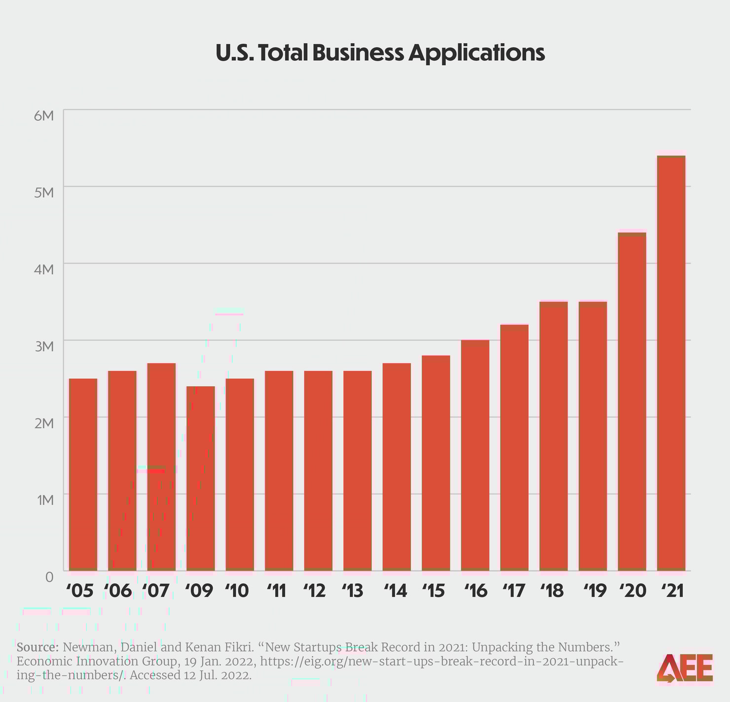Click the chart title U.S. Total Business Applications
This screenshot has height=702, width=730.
(x=380, y=53)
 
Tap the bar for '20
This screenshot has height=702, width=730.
(x=632, y=401)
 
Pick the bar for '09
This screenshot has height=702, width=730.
(x=201, y=478)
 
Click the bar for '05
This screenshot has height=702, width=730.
(x=83, y=474)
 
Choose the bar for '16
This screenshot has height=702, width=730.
(x=475, y=455)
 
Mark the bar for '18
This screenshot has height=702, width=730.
(x=553, y=436)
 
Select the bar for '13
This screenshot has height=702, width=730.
(x=357, y=470)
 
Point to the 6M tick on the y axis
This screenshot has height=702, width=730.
(x=43, y=116)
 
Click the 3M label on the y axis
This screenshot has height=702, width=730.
(x=43, y=346)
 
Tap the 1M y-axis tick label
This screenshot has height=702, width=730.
(x=44, y=500)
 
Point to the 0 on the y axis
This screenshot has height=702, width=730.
(x=49, y=576)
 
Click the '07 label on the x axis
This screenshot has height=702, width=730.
(x=156, y=591)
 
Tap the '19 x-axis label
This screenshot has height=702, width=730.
(x=594, y=591)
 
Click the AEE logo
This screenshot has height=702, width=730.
(x=685, y=668)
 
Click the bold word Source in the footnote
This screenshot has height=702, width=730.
(x=37, y=647)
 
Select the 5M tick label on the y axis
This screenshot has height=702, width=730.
(x=43, y=192)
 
